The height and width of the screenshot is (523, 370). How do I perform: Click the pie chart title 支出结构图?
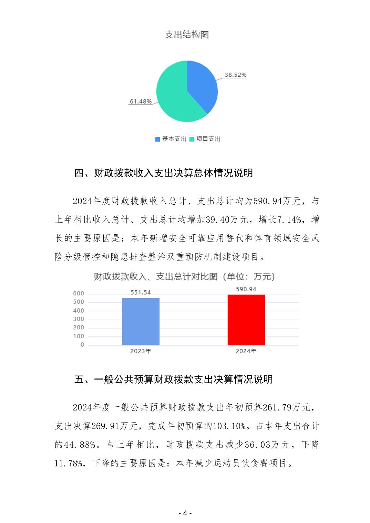tap(187, 35)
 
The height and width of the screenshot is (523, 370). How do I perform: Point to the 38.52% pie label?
tap(236, 75)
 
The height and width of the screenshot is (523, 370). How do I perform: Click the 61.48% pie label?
tap(141, 102)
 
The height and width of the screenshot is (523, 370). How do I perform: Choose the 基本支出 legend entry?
tap(171, 139)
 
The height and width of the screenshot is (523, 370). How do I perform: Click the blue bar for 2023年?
tap(141, 321)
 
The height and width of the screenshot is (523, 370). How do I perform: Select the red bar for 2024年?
tap(246, 320)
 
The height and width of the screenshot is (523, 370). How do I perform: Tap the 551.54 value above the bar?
tap(141, 292)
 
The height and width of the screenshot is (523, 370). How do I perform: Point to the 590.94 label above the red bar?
tap(246, 289)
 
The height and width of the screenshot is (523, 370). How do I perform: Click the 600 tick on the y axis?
tap(79, 293)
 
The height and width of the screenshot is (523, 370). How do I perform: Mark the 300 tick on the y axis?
tap(79, 319)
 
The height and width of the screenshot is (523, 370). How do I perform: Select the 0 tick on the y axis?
tap(82, 345)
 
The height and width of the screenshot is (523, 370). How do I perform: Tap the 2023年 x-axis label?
tap(141, 351)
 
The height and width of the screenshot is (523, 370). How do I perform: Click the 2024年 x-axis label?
tap(246, 351)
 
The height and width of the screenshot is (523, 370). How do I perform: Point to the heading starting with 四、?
tap(164, 173)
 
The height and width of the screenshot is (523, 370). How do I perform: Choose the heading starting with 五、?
tap(174, 379)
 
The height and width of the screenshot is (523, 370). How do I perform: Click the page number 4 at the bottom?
tap(185, 513)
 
